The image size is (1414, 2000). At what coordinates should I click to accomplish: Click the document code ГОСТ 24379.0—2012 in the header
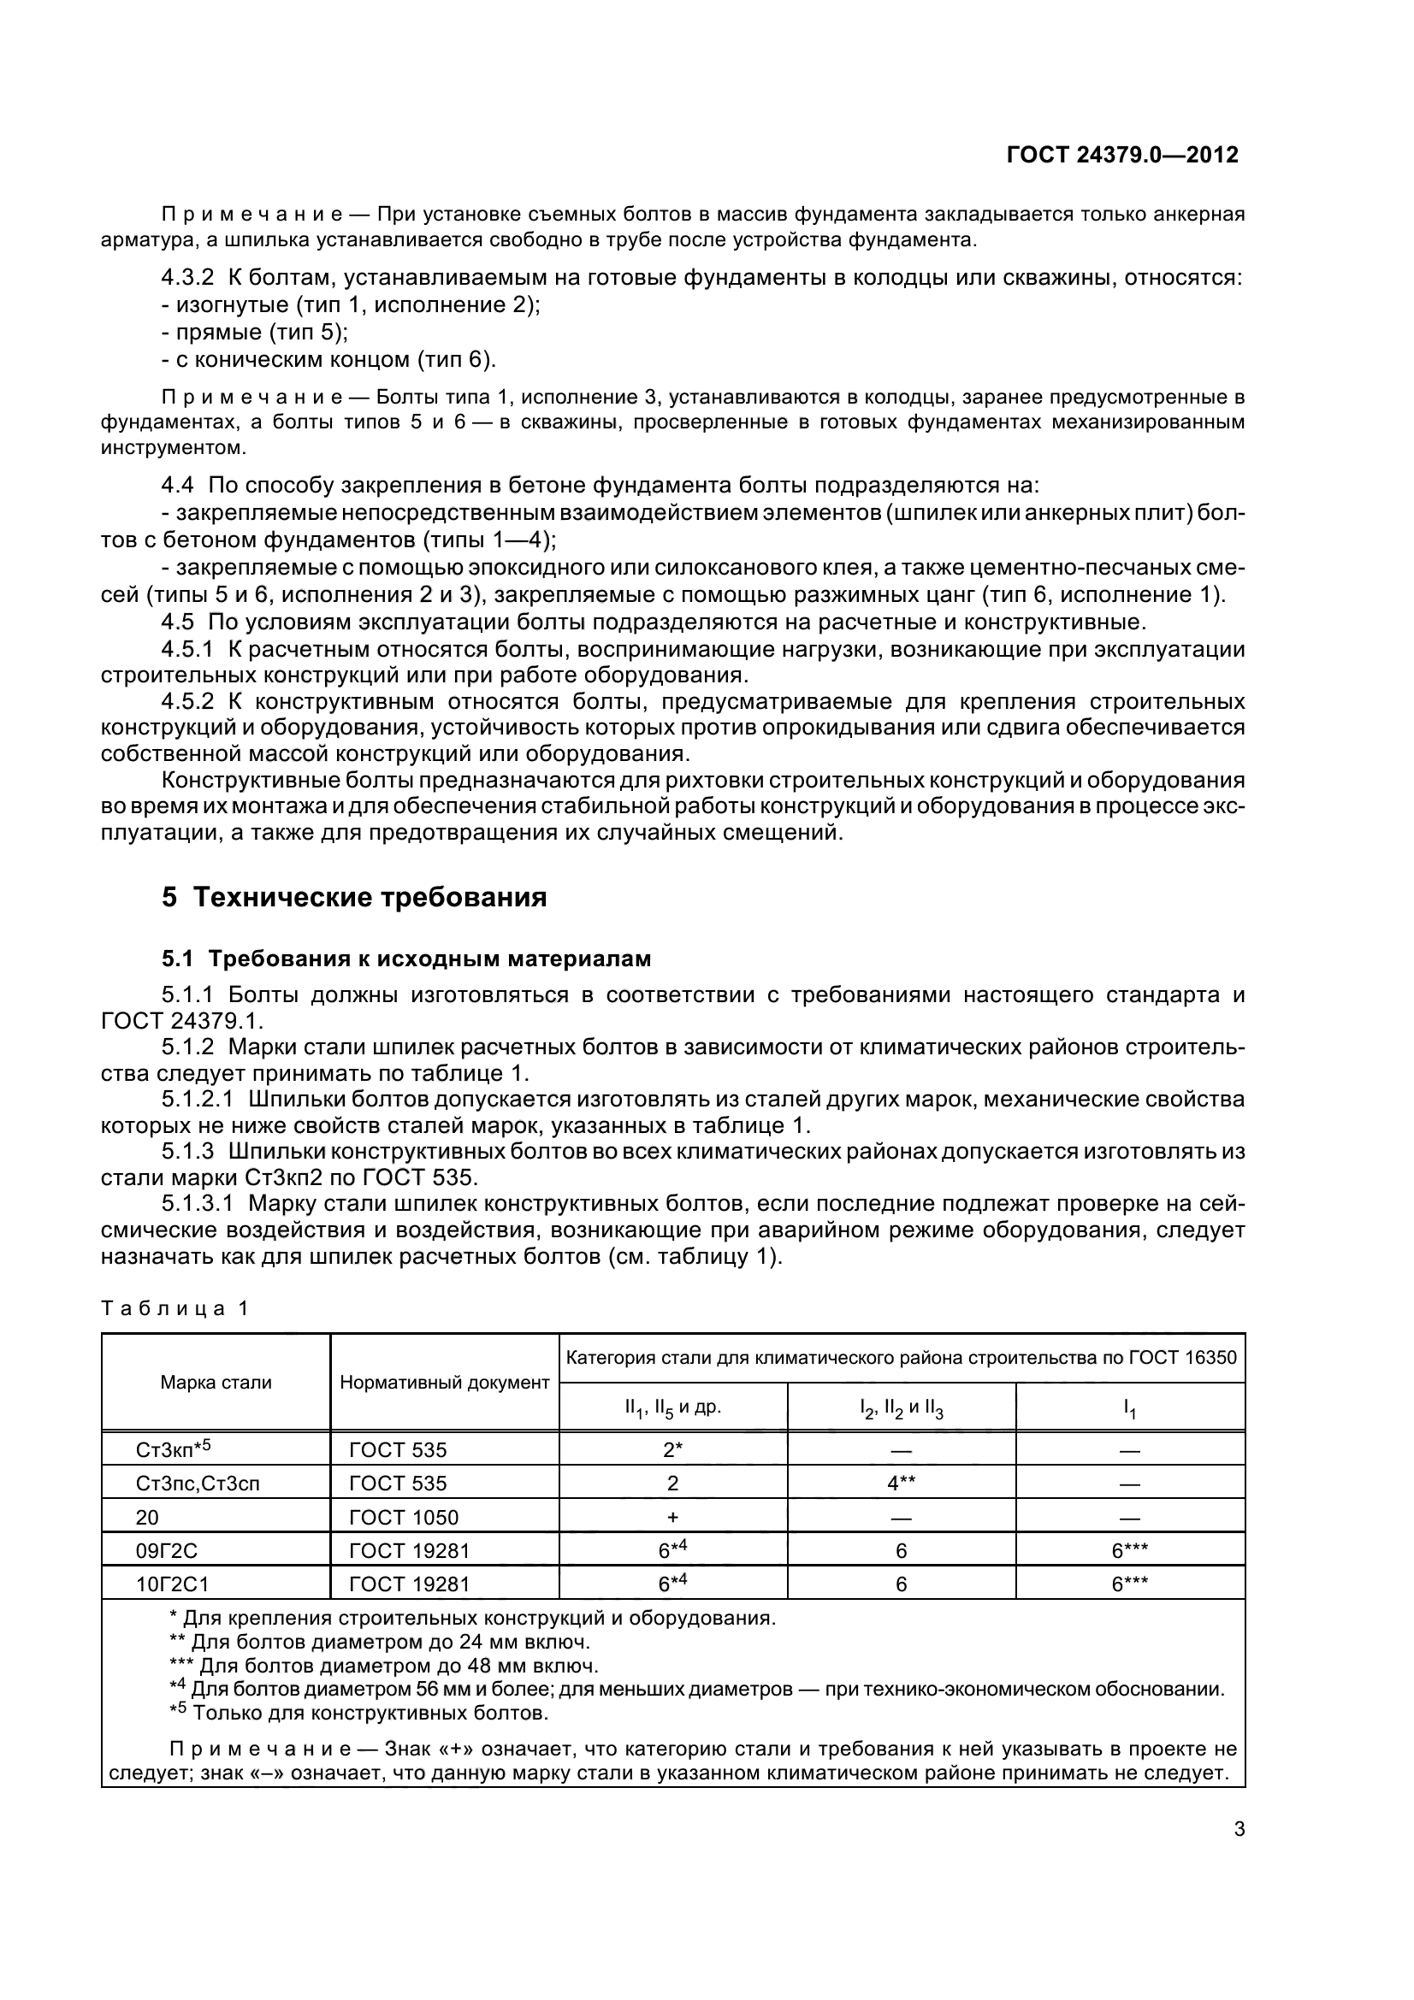1122,156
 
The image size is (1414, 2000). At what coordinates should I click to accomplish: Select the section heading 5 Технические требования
354,897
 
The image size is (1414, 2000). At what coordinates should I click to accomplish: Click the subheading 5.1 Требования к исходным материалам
406,959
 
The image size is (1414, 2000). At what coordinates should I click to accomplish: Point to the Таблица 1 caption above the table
175,1308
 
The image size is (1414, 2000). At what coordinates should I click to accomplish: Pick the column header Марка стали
216,1382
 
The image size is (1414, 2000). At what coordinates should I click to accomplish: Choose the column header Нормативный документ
444,1382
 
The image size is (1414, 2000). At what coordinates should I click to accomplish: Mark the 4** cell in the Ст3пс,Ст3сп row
901,1484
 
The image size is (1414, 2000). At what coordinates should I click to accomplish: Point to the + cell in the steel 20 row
672,1518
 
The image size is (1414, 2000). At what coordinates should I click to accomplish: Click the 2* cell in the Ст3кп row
672,1450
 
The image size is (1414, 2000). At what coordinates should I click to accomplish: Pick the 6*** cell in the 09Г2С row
1129,1550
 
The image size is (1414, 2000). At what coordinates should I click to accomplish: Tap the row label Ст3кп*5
174,1449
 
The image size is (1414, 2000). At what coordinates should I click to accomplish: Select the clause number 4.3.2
187,278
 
